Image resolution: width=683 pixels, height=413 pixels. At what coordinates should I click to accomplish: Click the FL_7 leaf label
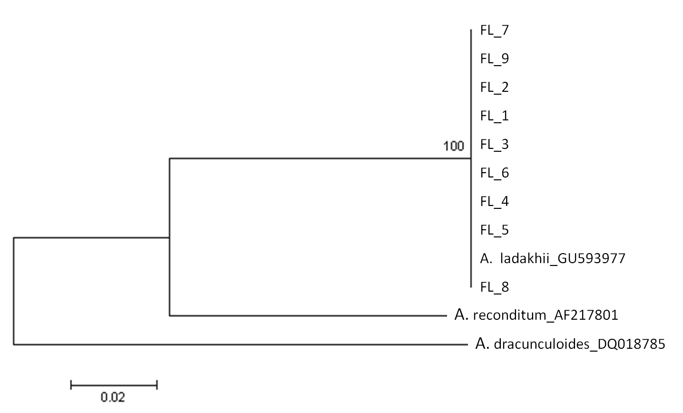pos(494,30)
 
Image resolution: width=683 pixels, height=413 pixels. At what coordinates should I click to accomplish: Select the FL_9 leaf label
pos(494,59)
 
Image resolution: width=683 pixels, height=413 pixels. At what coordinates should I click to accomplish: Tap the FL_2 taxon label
pos(494,87)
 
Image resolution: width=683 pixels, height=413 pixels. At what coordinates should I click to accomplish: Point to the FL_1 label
pos(494,116)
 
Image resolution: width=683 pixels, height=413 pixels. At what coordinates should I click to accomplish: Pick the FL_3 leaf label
pos(494,144)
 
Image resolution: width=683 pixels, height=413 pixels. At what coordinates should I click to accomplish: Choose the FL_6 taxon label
pos(494,173)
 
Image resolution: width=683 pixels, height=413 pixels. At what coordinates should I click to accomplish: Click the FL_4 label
pos(494,201)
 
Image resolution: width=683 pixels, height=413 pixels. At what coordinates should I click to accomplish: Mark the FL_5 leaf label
pos(494,230)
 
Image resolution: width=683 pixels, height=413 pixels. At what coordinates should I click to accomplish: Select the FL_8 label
pos(494,287)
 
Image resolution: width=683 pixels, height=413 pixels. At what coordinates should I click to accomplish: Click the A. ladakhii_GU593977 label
pos(553,259)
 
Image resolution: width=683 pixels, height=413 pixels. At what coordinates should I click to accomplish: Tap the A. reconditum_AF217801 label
pos(536,315)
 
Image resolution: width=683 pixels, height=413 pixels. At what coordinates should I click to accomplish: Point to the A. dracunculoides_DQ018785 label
pos(570,344)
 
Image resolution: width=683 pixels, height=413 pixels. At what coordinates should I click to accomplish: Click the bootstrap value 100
pos(453,146)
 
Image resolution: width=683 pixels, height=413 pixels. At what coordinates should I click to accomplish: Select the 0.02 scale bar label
pos(113,397)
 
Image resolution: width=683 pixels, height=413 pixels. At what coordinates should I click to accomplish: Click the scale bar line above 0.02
pos(114,385)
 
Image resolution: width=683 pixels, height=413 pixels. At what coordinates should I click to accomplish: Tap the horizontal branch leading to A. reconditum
pos(308,316)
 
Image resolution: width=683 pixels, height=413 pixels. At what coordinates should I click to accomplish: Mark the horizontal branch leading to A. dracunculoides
pos(241,344)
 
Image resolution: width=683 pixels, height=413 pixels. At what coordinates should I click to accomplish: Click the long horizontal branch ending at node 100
pos(320,158)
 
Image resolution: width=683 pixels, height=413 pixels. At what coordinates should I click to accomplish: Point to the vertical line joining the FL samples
pos(471,158)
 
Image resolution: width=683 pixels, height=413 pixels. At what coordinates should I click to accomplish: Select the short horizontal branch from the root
pos(91,237)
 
